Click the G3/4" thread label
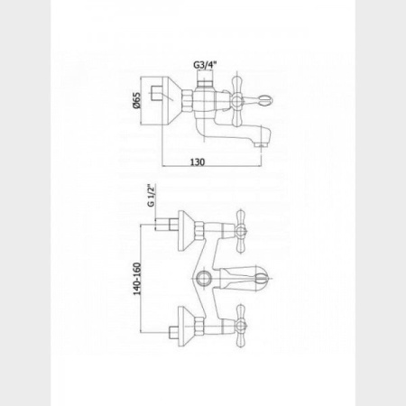point(205,65)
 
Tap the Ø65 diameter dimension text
point(136,100)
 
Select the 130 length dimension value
point(198,161)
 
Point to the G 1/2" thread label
point(151,196)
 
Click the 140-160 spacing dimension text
point(137,279)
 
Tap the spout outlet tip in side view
point(261,145)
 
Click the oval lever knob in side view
point(265,99)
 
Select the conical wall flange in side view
point(171,100)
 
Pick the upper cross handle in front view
point(242,231)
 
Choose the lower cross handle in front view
point(242,326)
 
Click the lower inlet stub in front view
point(172,333)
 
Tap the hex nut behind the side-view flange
point(188,100)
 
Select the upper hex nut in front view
point(199,231)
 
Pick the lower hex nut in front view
point(199,327)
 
